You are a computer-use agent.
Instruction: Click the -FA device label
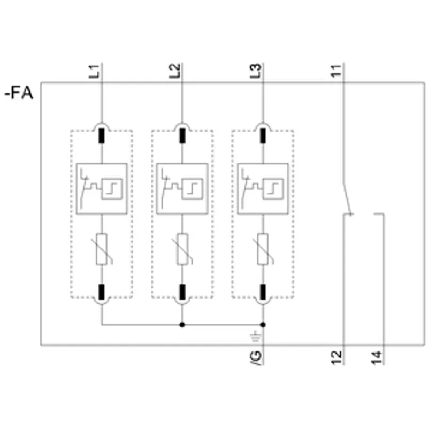[x=19, y=93]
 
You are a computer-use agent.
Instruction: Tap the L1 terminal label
[x=95, y=71]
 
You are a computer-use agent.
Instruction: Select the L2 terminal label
[x=175, y=71]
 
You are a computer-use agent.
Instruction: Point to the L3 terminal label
[x=256, y=71]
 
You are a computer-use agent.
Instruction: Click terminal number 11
[x=337, y=71]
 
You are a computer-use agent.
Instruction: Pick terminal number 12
[x=337, y=357]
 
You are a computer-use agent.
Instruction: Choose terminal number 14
[x=377, y=357]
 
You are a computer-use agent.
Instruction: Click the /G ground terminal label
[x=256, y=358]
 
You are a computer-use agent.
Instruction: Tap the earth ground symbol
[x=256, y=337]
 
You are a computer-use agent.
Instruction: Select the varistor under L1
[x=102, y=249]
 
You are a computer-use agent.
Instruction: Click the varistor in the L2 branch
[x=182, y=249]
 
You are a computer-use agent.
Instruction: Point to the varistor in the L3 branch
[x=263, y=249]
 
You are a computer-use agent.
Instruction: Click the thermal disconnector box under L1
[x=102, y=189]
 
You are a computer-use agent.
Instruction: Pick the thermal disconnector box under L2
[x=182, y=189]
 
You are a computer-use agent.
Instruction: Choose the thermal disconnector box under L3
[x=263, y=189]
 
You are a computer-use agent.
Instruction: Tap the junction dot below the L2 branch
[x=182, y=325]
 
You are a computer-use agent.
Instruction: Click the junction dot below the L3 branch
[x=263, y=325]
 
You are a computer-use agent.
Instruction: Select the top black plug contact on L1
[x=102, y=136]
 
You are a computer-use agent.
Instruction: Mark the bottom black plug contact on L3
[x=263, y=292]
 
